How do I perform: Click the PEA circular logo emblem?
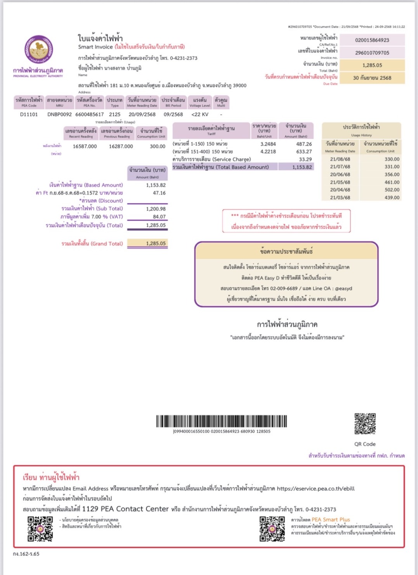[x=38, y=50]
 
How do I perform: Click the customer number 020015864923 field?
[x=372, y=40]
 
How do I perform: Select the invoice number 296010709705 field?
[x=372, y=52]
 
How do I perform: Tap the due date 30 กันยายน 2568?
[x=372, y=78]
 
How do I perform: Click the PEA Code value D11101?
[x=29, y=114]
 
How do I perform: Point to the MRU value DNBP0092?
[x=59, y=114]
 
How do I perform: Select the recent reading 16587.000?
[x=85, y=146]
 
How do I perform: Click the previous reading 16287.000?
[x=121, y=146]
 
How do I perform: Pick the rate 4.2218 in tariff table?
[x=268, y=152]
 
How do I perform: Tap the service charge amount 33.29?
[x=305, y=159]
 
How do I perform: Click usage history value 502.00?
[x=392, y=190]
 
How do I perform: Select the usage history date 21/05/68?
[x=340, y=182]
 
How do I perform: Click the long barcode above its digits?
[x=222, y=421]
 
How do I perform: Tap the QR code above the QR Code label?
[x=365, y=424]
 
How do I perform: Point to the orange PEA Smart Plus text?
[x=331, y=519]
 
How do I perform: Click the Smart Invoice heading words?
[x=95, y=47]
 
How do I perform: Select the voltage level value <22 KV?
[x=199, y=114]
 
